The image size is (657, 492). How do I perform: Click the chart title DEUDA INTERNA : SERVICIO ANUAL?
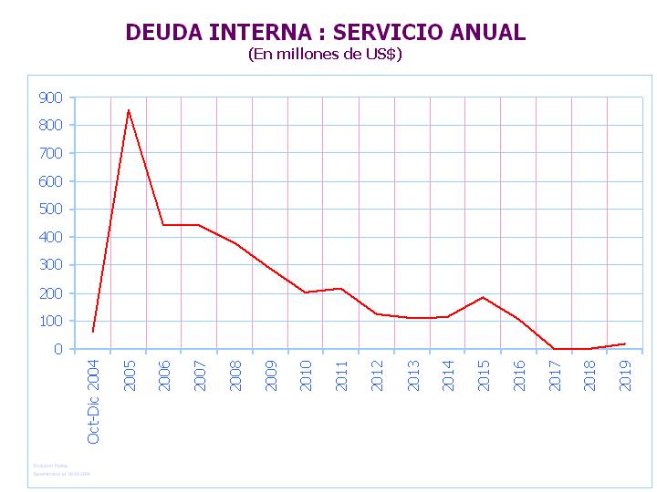(x=325, y=33)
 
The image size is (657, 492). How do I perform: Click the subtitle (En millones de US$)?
(x=325, y=55)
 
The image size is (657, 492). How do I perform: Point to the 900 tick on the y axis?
(x=51, y=97)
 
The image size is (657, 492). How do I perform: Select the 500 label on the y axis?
(x=51, y=210)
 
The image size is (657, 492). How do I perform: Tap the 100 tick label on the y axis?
(x=51, y=322)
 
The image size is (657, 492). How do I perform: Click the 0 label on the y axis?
(x=58, y=349)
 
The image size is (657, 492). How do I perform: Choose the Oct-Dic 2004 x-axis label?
(x=93, y=402)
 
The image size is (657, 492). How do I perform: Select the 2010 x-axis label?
(x=306, y=375)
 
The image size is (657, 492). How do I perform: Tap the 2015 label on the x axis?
(x=484, y=375)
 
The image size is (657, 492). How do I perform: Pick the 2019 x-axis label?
(x=625, y=375)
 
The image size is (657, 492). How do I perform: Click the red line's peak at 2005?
(x=129, y=110)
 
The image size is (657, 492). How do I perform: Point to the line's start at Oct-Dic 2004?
(x=93, y=332)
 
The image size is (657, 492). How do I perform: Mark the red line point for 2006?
(x=164, y=224)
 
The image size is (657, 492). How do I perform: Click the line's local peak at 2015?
(x=484, y=297)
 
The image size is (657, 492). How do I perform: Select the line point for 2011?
(x=341, y=288)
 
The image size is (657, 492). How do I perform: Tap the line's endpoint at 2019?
(x=625, y=343)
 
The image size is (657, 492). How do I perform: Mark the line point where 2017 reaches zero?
(x=554, y=348)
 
